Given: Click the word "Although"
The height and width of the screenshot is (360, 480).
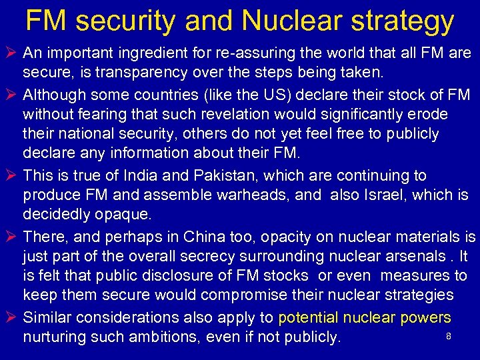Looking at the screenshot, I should pyautogui.click(x=55, y=95).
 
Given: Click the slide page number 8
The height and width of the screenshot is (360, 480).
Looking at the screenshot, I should pyautogui.click(x=449, y=337).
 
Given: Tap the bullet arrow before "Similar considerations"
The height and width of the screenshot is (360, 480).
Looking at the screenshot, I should pyautogui.click(x=11, y=317).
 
